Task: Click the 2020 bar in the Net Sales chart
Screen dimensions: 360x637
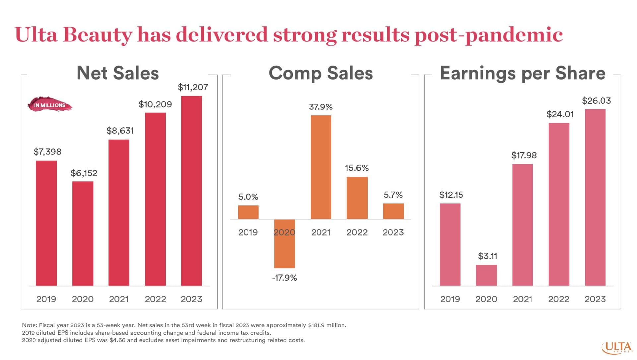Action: (83, 234)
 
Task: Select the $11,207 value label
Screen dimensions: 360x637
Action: (193, 87)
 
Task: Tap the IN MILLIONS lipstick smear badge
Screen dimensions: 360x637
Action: (50, 105)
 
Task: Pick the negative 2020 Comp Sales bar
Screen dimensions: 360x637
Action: (284, 244)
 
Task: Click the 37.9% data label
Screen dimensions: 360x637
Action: (320, 107)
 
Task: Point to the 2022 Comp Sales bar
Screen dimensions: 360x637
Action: (357, 198)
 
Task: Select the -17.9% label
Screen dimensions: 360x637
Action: (284, 278)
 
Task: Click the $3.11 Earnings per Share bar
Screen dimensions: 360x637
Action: (486, 275)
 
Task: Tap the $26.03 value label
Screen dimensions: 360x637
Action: (596, 101)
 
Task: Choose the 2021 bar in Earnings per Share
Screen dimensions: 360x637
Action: (523, 225)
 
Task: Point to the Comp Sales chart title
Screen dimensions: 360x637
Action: (320, 73)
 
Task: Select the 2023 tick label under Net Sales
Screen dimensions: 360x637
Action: (191, 299)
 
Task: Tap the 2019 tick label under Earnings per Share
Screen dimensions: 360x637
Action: (450, 299)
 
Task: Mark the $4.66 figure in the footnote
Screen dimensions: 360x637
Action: (117, 340)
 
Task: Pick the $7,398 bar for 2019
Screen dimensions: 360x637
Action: (46, 223)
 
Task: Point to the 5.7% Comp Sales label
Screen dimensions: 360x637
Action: (393, 195)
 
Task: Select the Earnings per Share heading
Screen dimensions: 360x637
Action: (523, 73)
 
